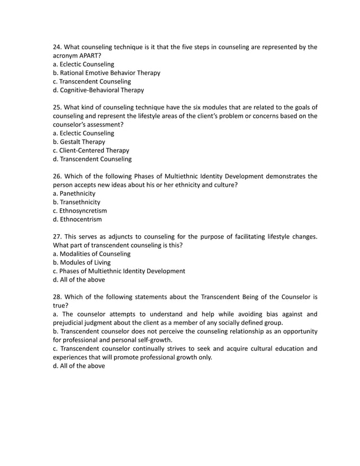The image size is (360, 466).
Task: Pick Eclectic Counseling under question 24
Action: (x=83, y=64)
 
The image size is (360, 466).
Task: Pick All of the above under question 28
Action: (x=78, y=366)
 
